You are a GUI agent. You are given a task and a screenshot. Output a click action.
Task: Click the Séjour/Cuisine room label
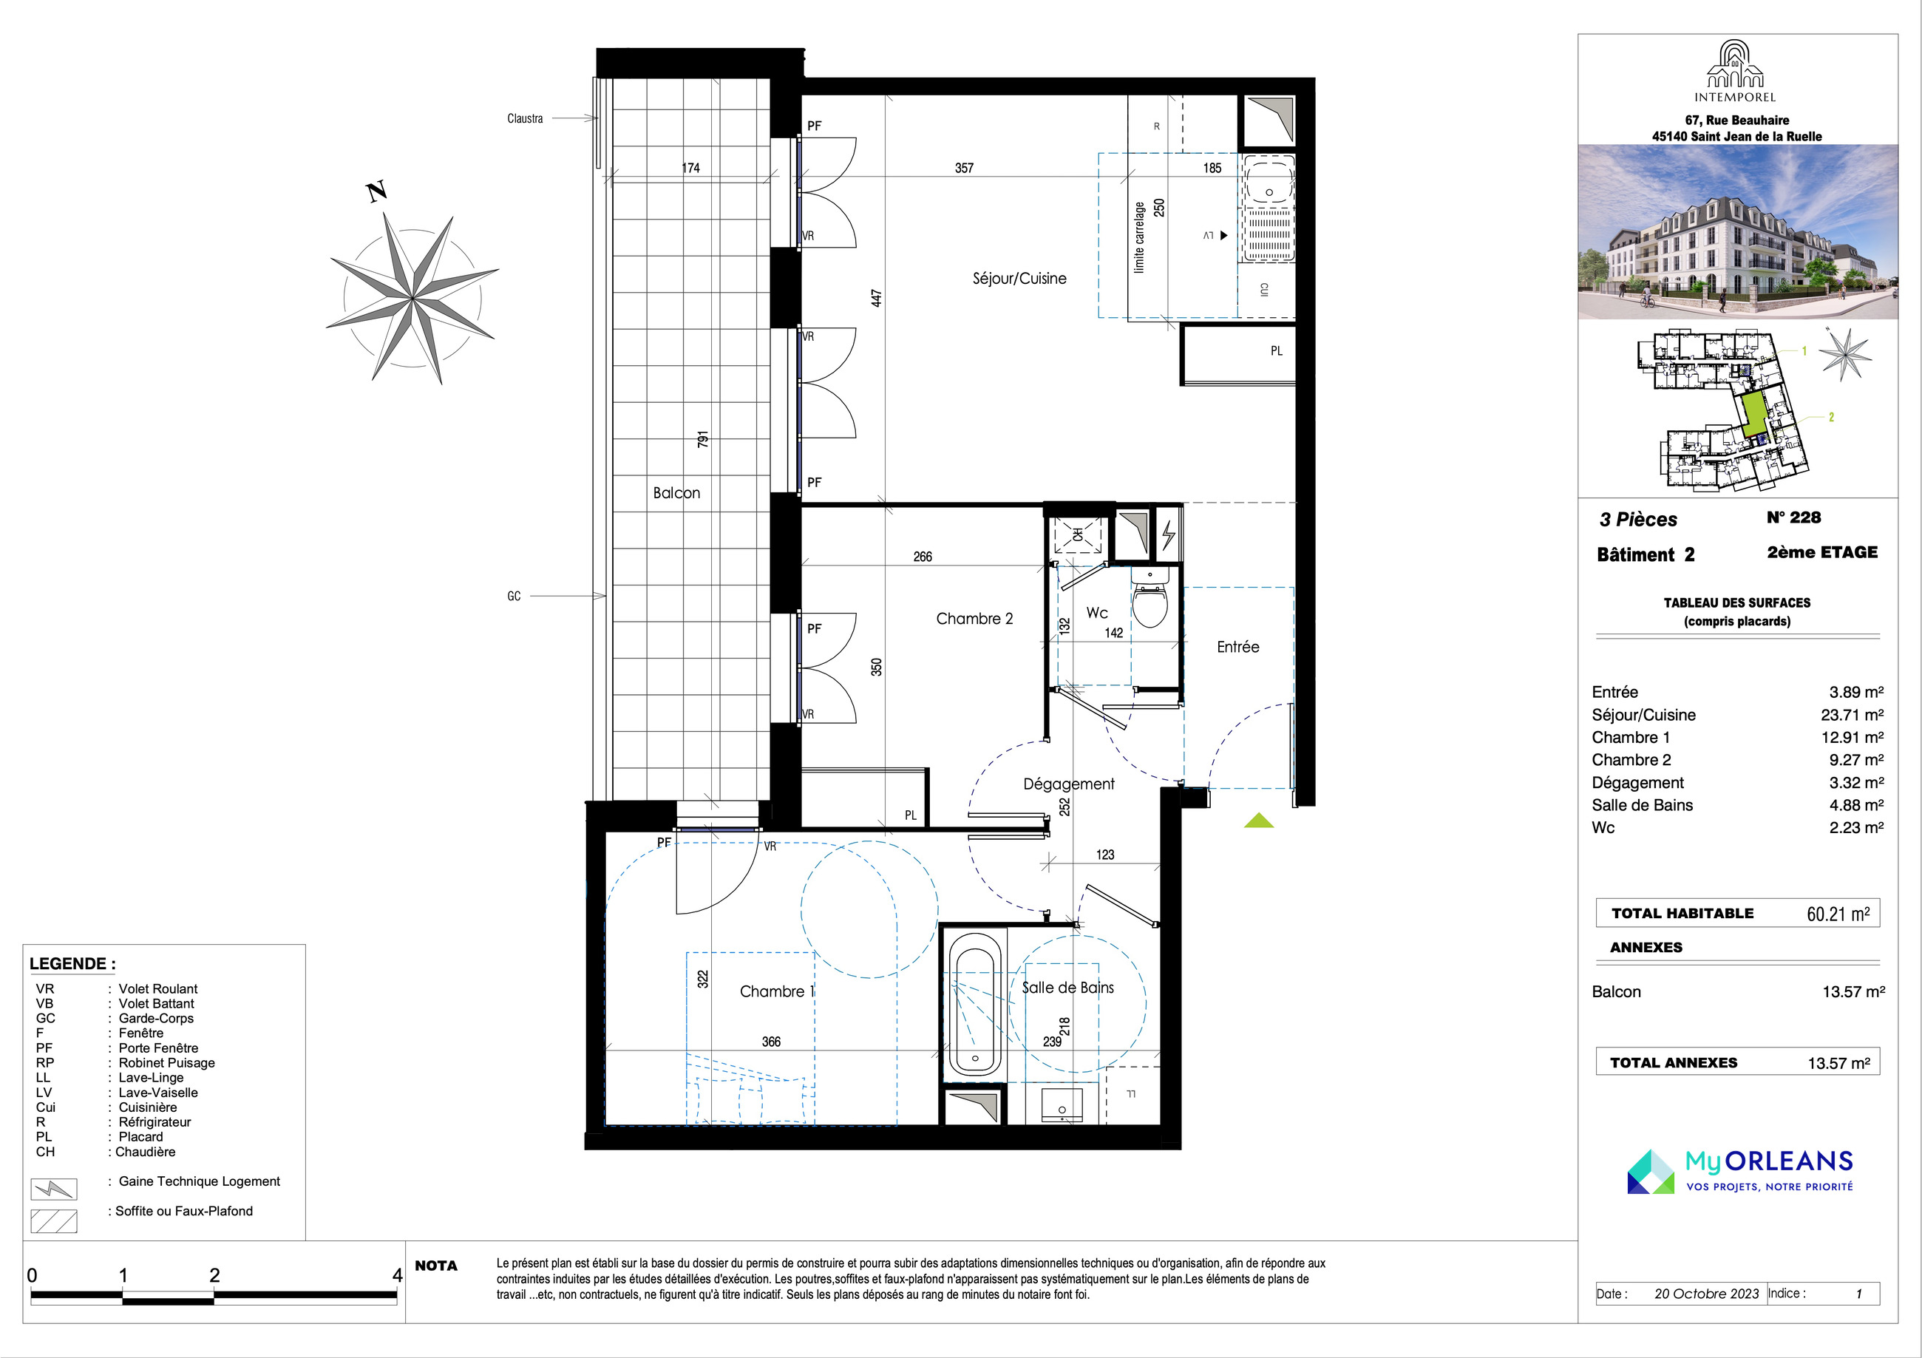click(x=1019, y=279)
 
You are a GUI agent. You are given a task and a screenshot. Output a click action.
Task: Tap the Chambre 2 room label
click(x=974, y=619)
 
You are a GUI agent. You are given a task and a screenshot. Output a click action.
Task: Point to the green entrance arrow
click(x=1258, y=821)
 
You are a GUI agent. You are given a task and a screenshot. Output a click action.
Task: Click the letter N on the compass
click(x=377, y=191)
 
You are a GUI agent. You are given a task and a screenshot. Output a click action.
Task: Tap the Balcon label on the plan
click(x=676, y=493)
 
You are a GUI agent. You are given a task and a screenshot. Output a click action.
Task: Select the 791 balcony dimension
click(x=703, y=438)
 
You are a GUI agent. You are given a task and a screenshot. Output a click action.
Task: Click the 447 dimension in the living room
click(x=877, y=298)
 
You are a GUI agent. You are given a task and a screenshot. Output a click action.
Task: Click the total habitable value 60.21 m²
click(x=1838, y=914)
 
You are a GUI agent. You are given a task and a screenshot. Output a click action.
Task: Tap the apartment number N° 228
click(x=1793, y=517)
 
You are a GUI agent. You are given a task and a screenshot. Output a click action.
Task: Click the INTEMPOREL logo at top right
click(x=1734, y=71)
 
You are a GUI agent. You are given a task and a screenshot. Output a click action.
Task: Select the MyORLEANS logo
click(x=1739, y=1170)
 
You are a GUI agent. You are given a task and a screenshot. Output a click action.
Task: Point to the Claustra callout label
click(x=525, y=119)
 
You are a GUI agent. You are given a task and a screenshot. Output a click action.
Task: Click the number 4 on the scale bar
click(x=398, y=1275)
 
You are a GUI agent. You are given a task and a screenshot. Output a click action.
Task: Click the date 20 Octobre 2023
click(x=1706, y=1294)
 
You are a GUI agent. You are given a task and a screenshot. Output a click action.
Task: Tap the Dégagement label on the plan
click(x=1069, y=784)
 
